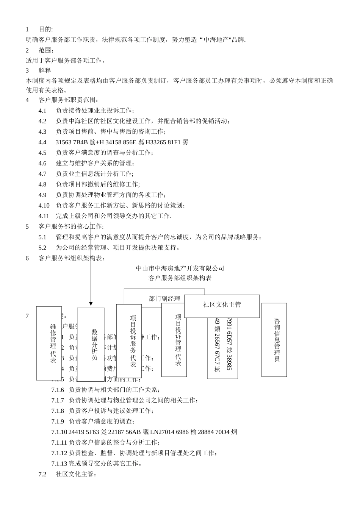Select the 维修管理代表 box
point(49,343)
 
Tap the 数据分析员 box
point(91,344)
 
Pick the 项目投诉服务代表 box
point(129,341)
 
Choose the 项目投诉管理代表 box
point(174,340)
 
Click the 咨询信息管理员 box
point(274,340)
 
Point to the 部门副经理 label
point(164,298)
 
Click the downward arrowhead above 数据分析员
point(91,304)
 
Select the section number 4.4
point(42,142)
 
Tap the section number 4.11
point(44,216)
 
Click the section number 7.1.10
point(59,432)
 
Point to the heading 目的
point(46,29)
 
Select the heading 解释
point(45,70)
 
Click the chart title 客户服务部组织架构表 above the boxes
point(180,278)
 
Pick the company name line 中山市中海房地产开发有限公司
point(180,268)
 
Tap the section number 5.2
point(42,248)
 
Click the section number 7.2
point(42,474)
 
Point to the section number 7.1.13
point(59,463)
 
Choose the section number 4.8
point(42,184)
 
